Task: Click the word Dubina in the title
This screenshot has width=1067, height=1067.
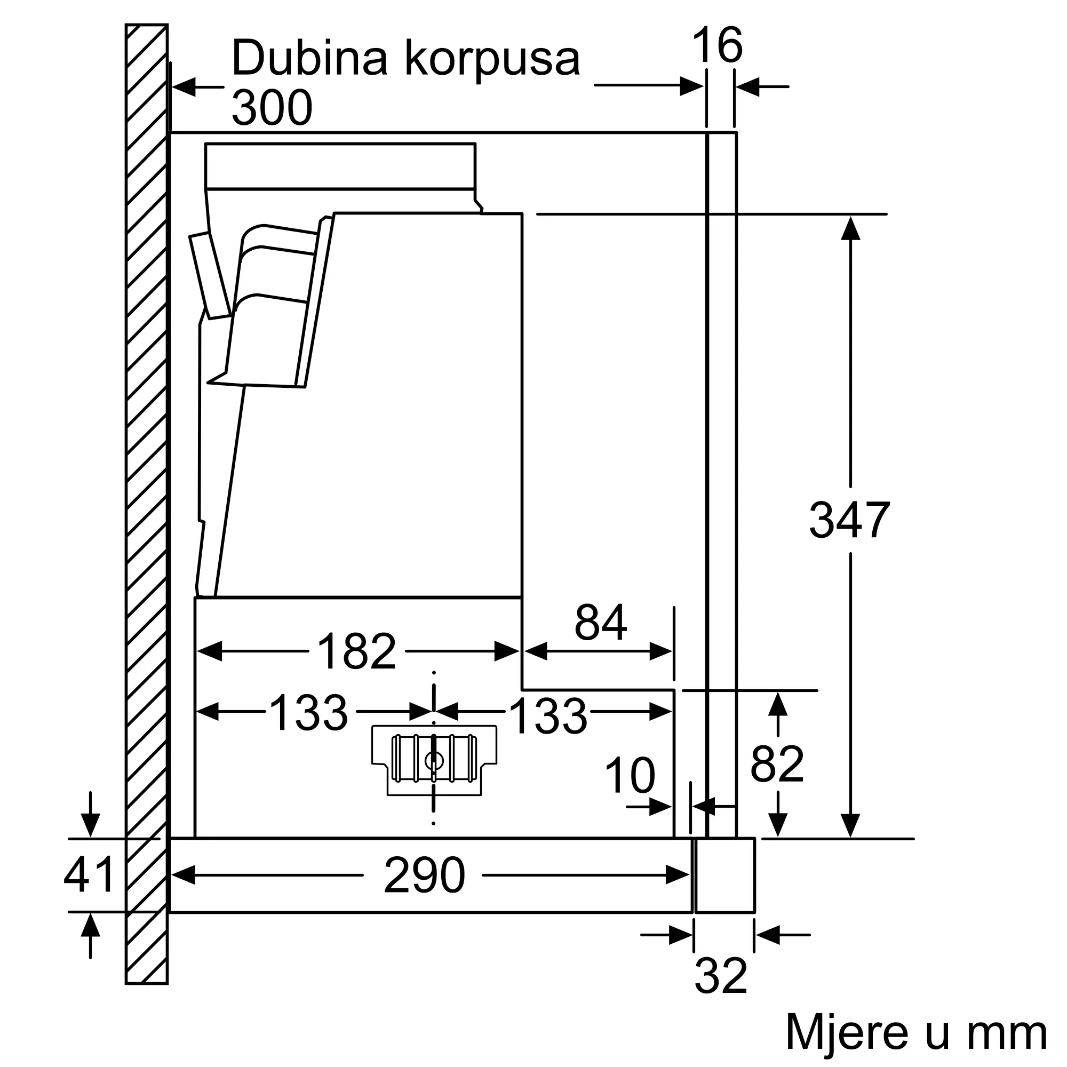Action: point(309,58)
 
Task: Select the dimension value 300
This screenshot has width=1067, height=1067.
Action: point(272,108)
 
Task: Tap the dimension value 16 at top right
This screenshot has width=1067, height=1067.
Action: point(717,45)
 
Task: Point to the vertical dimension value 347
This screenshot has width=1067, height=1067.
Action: point(849,520)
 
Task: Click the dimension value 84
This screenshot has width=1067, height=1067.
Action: point(600,623)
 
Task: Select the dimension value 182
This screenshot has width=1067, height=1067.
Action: point(357,652)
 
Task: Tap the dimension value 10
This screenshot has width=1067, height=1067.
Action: point(630,776)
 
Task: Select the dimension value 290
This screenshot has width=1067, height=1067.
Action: point(424,875)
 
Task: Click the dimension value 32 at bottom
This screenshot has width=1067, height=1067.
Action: point(721,976)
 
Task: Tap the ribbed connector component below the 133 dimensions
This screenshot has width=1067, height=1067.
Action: point(434,759)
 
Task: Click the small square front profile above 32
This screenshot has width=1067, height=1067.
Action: point(724,875)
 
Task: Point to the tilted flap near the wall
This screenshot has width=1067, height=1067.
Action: point(210,276)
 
